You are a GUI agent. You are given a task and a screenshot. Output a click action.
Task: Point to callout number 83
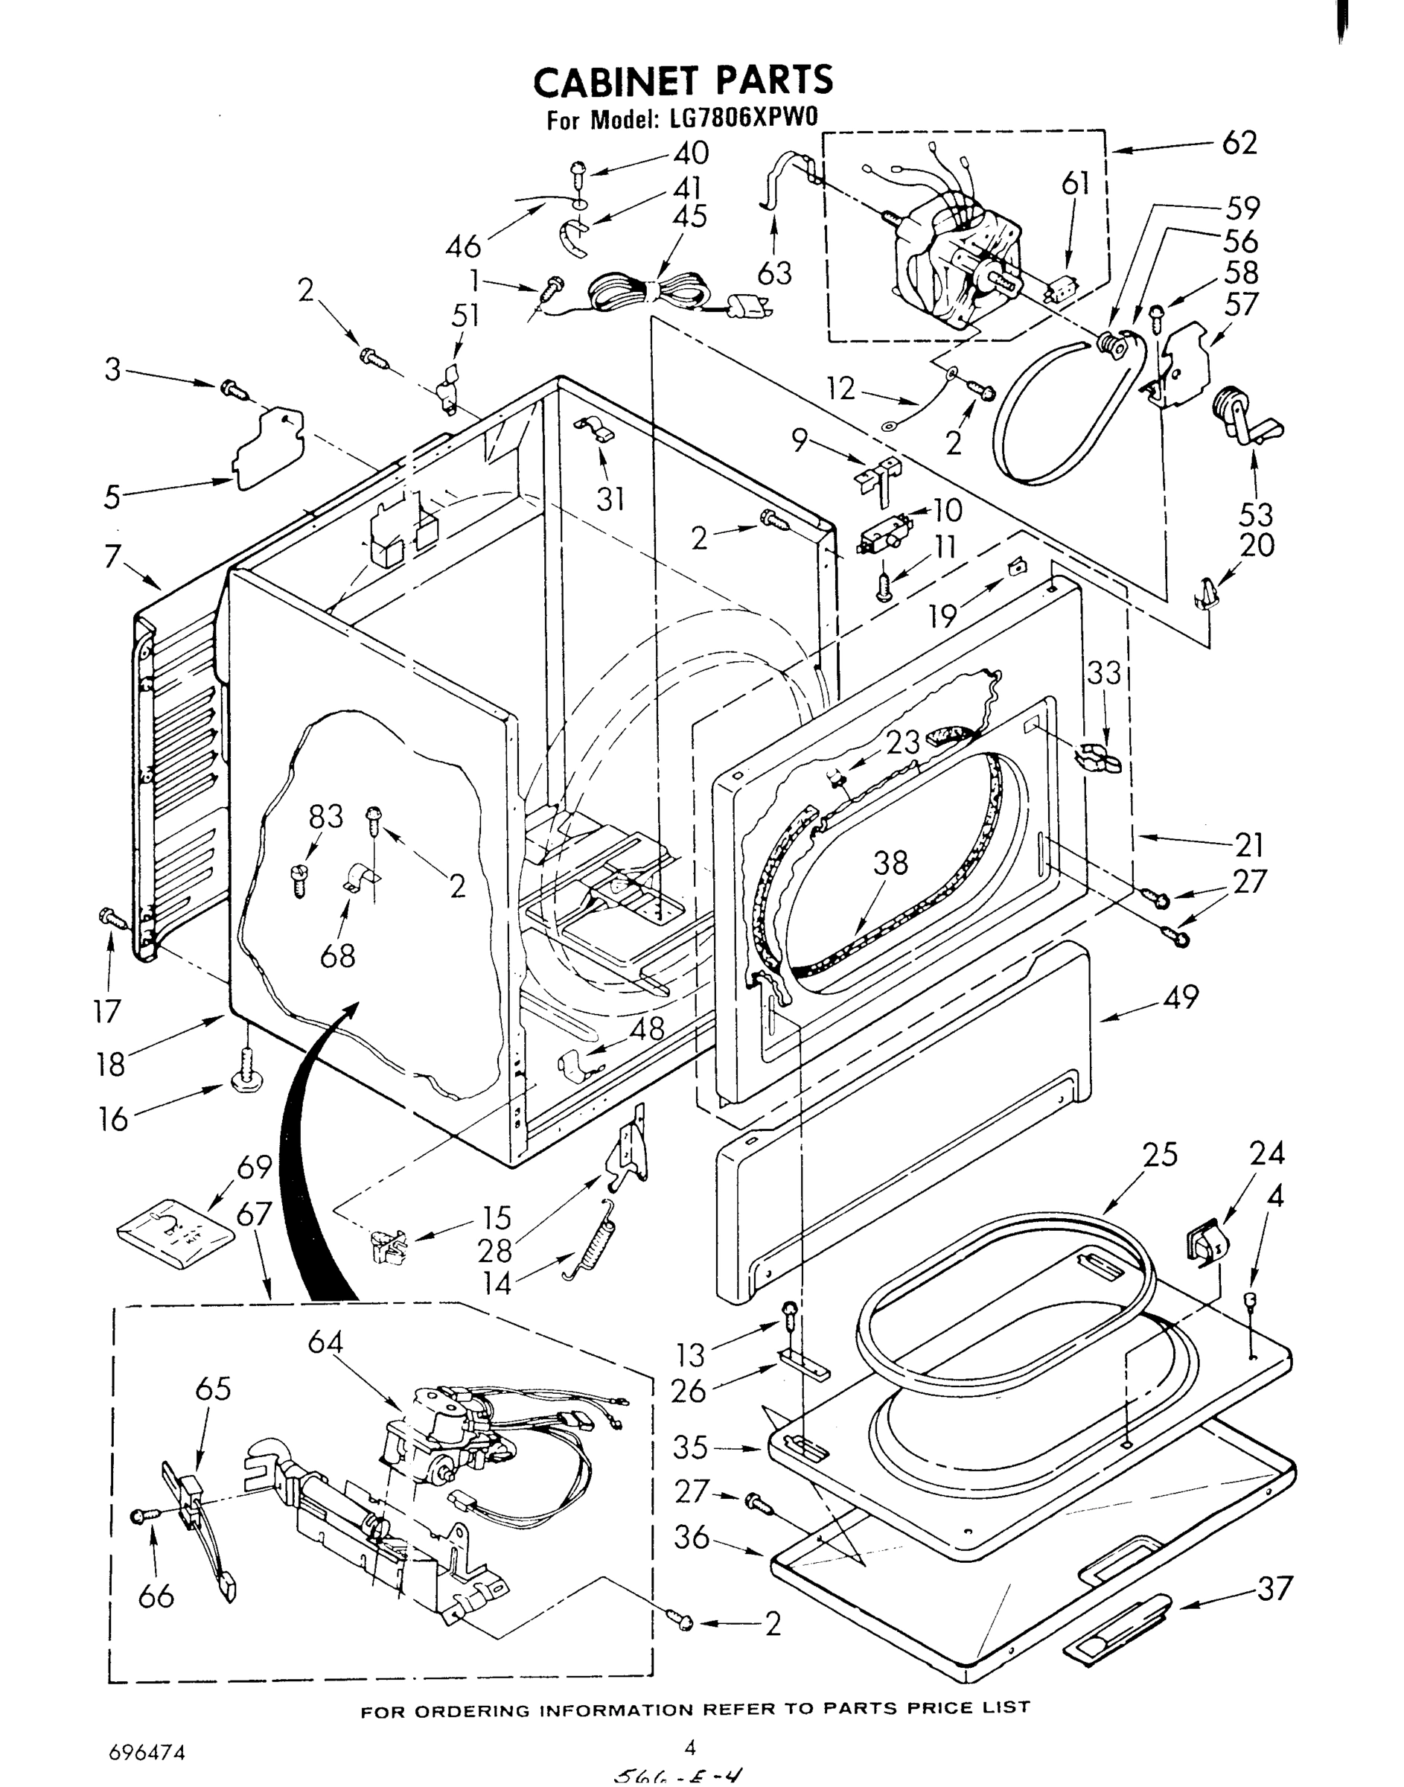[x=326, y=816]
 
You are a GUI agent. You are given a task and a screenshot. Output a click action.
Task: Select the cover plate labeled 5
[x=269, y=449]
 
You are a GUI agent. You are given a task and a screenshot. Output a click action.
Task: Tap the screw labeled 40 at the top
[x=577, y=173]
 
